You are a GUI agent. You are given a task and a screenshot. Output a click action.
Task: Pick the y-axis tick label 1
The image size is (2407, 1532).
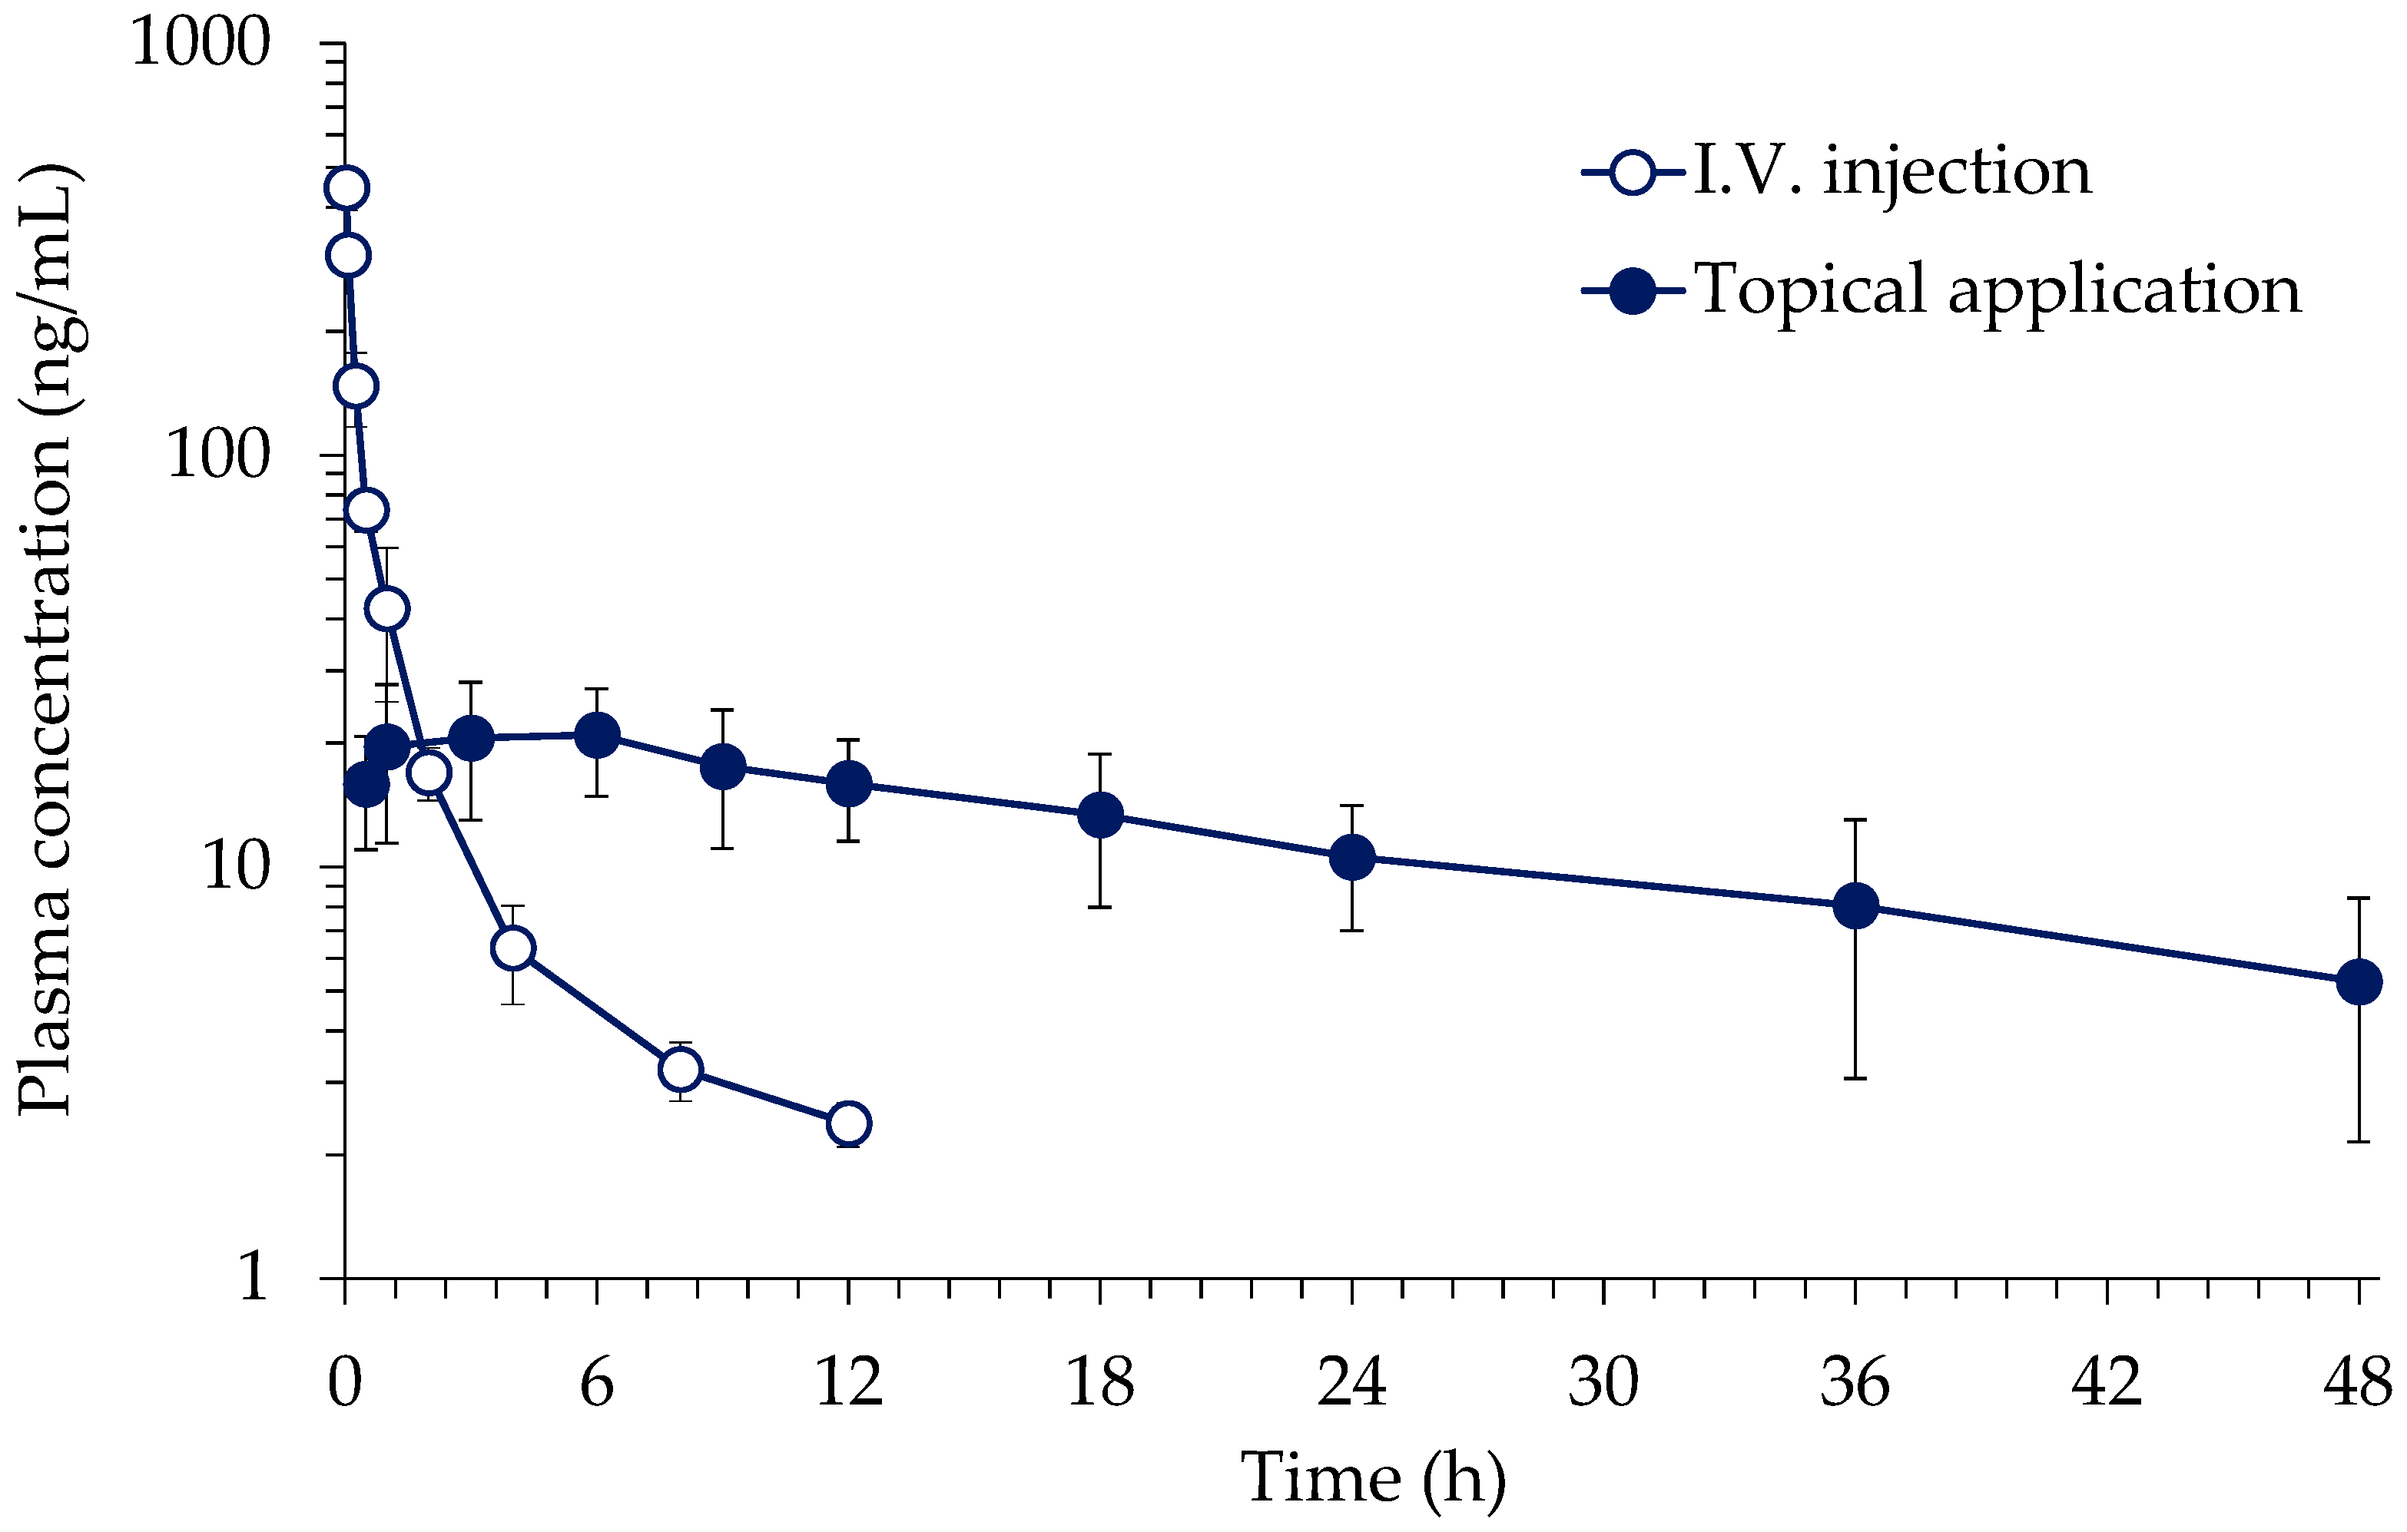[x=254, y=1277]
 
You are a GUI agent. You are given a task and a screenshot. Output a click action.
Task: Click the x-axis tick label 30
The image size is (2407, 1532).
[x=1603, y=1383]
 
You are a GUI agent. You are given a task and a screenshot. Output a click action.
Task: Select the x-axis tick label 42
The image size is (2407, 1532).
[x=2106, y=1383]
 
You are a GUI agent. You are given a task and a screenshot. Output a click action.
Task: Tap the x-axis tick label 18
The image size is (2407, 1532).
[x=1099, y=1383]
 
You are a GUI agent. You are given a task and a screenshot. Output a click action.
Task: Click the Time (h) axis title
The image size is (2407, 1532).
[x=1372, y=1477]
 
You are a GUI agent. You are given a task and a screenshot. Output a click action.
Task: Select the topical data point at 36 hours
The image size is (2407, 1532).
[x=1855, y=906]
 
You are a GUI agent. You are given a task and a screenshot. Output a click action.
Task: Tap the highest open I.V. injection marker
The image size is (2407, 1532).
[x=346, y=187]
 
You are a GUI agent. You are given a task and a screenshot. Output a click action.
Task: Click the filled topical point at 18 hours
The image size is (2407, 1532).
[x=1100, y=816]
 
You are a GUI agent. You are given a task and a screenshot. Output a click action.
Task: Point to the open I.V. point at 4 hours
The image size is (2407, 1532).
[x=512, y=948]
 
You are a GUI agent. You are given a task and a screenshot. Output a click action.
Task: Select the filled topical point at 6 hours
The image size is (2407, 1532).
[x=597, y=736]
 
